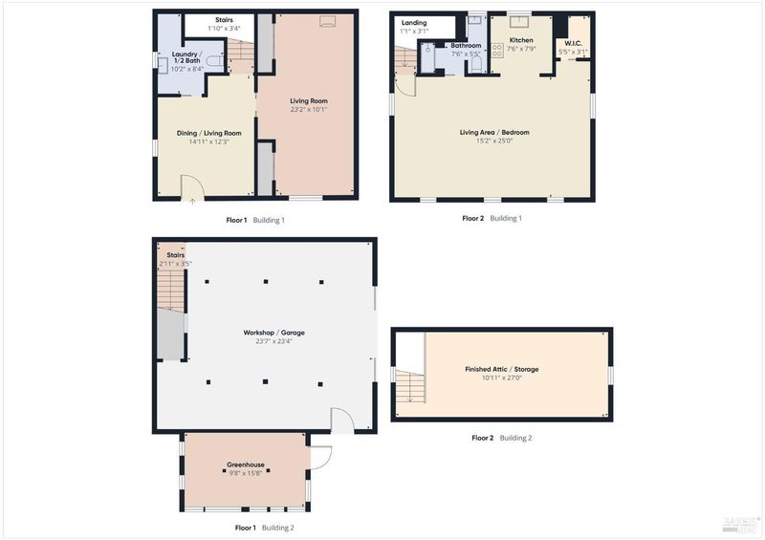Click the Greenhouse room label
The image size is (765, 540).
coord(246,464)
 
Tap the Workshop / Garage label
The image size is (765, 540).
coord(273,333)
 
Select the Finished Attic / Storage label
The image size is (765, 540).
coord(501,369)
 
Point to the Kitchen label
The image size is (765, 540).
coord(521,40)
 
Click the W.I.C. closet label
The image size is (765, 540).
coord(573,43)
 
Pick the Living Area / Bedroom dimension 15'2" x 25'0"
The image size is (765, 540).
coord(494,141)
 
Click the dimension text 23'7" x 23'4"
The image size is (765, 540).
coord(273,341)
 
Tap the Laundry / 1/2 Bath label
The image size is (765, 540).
coord(186,57)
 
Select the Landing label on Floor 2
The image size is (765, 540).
coord(414,23)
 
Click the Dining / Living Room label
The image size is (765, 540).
coord(208,133)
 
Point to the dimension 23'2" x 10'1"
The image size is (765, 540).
coord(308,110)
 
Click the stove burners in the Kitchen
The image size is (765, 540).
coord(497,51)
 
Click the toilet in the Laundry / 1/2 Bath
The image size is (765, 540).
coord(214,61)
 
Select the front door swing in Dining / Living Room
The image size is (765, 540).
coord(192,185)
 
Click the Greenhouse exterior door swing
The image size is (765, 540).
coord(321,458)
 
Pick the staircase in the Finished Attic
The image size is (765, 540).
coord(410,386)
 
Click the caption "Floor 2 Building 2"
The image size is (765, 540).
coord(501,438)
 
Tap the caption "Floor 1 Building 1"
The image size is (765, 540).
coord(255,220)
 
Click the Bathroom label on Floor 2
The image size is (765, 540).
coord(466,45)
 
